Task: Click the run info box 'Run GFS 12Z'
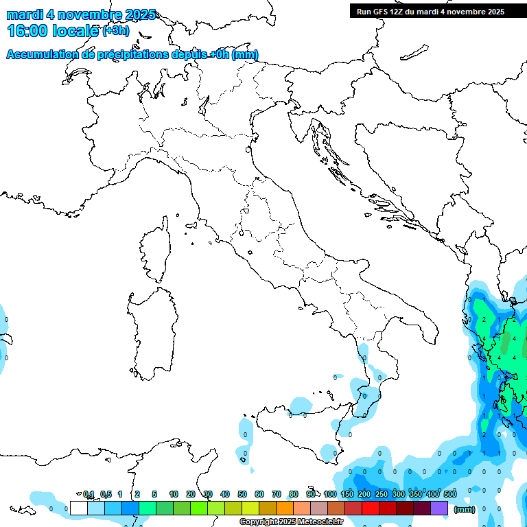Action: [430, 11]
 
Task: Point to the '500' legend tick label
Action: [449, 494]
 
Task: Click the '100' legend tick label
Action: [330, 494]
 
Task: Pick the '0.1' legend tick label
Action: [89, 494]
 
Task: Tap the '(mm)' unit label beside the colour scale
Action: [465, 509]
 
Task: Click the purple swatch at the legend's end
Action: [439, 508]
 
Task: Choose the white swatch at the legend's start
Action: [79, 508]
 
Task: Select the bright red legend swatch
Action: [371, 508]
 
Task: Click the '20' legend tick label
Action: [191, 494]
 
